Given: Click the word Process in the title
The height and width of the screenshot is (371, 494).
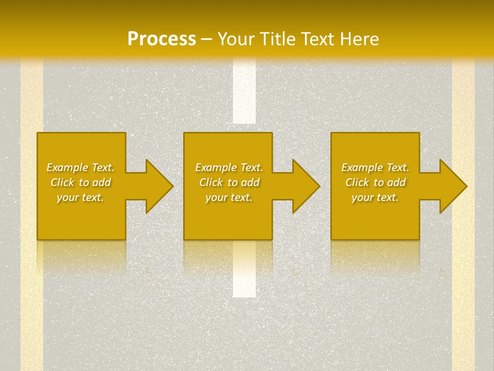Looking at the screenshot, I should click(x=162, y=39).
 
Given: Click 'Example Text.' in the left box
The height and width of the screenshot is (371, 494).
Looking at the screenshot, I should click(x=80, y=167).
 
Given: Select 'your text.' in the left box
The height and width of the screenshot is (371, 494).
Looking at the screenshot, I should click(x=80, y=197).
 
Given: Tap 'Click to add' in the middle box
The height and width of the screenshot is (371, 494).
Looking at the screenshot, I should click(x=229, y=182).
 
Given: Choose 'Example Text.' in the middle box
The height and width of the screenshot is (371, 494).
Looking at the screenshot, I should click(x=229, y=167).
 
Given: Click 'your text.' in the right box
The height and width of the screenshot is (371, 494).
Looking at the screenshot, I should click(x=375, y=197).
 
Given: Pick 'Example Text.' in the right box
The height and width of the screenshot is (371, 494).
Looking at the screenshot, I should click(x=375, y=167).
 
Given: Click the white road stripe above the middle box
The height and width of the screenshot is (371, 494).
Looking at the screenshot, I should click(x=244, y=93).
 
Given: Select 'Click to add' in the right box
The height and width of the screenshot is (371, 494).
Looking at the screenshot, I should click(x=375, y=182).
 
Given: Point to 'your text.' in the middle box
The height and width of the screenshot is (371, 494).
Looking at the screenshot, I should click(x=229, y=197).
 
